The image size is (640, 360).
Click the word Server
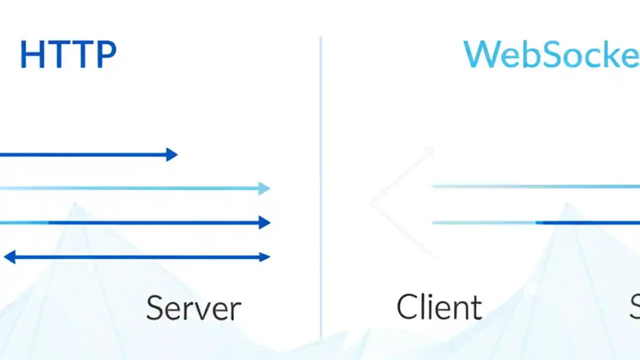click(x=193, y=308)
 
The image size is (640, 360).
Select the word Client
click(x=439, y=307)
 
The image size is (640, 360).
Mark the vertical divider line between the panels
click(x=320, y=185)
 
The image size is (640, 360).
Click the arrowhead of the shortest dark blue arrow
click(x=172, y=154)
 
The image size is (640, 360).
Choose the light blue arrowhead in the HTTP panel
click(x=264, y=188)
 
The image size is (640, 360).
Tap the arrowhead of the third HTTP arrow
click(x=264, y=222)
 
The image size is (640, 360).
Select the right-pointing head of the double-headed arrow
click(x=264, y=257)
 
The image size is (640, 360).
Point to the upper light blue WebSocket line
click(x=535, y=186)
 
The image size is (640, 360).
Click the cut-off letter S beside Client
click(x=634, y=307)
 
